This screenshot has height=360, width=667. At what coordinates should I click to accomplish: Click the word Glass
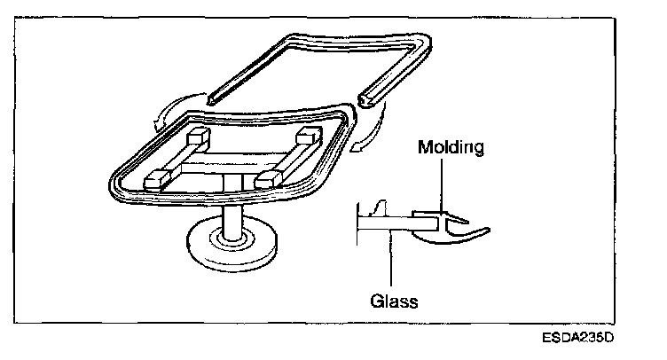coord(393,299)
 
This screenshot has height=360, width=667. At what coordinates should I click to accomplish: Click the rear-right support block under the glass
coord(308,136)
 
